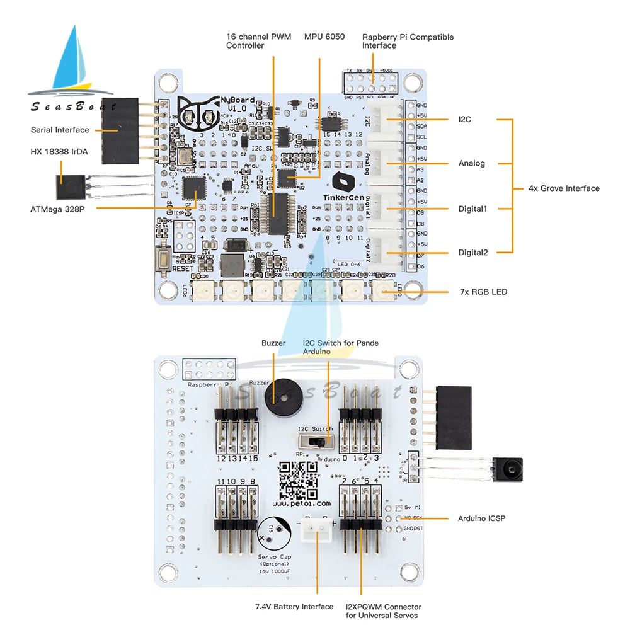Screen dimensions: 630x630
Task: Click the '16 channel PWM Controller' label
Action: click(258, 41)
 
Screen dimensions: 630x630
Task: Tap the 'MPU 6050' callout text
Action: click(324, 37)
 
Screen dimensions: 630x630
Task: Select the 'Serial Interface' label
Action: click(60, 130)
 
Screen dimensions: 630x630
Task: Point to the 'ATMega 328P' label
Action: click(57, 208)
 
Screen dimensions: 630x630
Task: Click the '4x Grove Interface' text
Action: click(564, 188)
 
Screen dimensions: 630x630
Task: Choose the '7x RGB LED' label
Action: click(483, 292)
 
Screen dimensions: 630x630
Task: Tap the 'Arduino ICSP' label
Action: click(481, 518)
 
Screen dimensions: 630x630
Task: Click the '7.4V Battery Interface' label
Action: click(294, 607)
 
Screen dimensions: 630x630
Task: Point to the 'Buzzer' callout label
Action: click(273, 343)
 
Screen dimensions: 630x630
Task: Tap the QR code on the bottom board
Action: click(298, 479)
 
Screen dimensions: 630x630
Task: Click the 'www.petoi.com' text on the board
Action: click(302, 503)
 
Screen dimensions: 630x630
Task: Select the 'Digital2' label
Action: click(472, 253)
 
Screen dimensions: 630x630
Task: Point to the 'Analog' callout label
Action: click(472, 163)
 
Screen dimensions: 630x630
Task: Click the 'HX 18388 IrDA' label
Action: click(59, 152)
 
